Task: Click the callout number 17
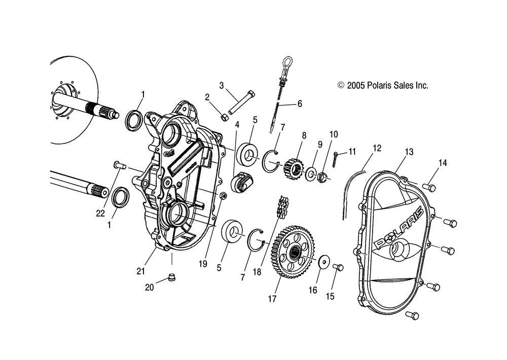(x=272, y=299)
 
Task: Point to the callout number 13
(x=409, y=152)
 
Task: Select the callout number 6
(x=299, y=103)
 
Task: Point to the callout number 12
(x=376, y=149)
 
